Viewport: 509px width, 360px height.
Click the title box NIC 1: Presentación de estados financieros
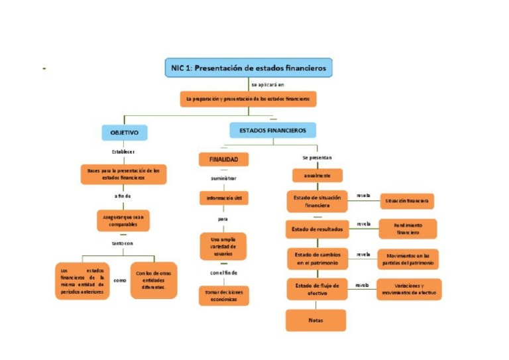coord(248,68)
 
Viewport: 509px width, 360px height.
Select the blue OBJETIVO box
coord(124,133)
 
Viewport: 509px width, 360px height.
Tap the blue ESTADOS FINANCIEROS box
coord(272,131)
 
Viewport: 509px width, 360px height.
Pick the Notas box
coord(315,320)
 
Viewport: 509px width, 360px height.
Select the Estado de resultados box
coord(317,229)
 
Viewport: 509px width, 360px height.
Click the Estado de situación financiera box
coord(316,201)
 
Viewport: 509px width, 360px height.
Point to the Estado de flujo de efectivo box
coord(316,288)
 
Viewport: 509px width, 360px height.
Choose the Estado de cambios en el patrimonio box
coord(316,259)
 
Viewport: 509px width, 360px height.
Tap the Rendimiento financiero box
coord(408,229)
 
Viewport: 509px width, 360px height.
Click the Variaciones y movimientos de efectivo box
coord(408,288)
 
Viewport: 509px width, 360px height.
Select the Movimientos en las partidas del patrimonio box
coord(408,259)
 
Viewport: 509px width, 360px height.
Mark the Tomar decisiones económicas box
coord(223,295)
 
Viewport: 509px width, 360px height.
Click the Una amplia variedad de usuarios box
coord(223,246)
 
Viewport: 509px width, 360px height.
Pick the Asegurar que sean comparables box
coord(123,220)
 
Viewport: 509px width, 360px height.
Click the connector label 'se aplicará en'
coord(267,85)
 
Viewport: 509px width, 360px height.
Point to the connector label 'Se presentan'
coord(316,158)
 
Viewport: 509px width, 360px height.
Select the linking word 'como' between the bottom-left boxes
coord(119,280)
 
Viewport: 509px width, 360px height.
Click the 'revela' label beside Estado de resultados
coord(363,224)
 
